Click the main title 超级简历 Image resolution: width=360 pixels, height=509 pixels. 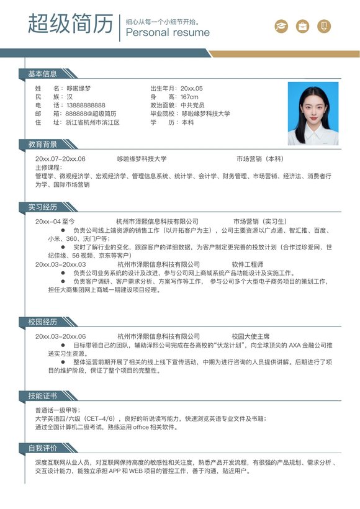tap(70, 24)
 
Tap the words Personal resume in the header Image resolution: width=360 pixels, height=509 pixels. tap(168, 32)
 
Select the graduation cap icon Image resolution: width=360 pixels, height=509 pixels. tap(282, 26)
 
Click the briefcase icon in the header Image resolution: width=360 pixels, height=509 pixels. tap(302, 26)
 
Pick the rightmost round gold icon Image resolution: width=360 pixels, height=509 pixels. tap(323, 26)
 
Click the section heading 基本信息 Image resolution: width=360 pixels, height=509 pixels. tap(42, 74)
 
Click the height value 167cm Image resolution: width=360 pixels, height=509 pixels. tap(189, 97)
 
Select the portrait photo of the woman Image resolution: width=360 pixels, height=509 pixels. tap(313, 114)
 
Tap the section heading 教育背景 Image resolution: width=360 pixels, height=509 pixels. tap(42, 144)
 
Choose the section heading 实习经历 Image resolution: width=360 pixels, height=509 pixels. tap(42, 207)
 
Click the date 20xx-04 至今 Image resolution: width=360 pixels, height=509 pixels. tap(55, 221)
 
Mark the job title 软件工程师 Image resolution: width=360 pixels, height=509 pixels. tap(248, 264)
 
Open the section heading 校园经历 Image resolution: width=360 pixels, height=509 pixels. tap(42, 322)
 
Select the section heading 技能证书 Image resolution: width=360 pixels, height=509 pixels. tap(42, 395)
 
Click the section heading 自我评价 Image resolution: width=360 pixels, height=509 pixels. tap(42, 448)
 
